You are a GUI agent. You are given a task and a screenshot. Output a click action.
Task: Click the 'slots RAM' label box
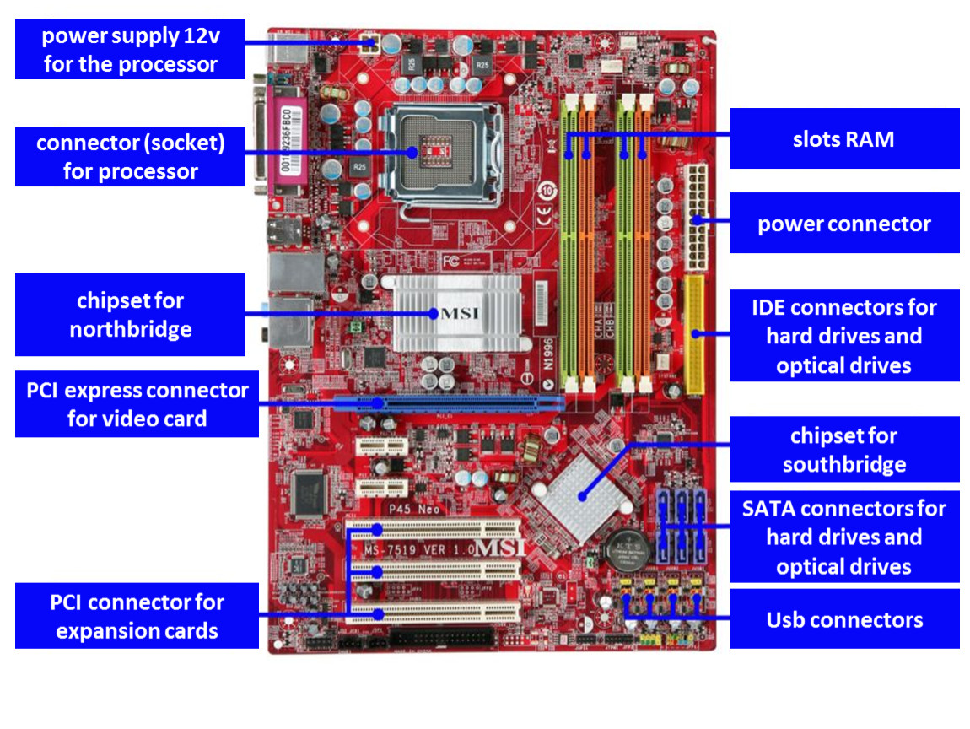coord(843,138)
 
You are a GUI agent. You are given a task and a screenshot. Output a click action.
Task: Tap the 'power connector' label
coord(843,224)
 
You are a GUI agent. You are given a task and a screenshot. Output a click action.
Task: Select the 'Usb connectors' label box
coord(843,619)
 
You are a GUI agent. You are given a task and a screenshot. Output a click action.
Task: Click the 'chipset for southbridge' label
coord(843,450)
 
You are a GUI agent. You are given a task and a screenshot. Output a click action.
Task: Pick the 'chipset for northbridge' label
coord(130,314)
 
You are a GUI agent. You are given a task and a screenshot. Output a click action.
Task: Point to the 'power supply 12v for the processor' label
coord(130,50)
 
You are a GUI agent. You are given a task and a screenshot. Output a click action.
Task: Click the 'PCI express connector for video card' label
coord(137,404)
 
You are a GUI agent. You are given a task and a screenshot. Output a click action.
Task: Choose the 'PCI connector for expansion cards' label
coord(137,616)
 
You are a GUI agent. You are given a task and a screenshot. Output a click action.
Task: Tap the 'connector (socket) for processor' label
coord(130,157)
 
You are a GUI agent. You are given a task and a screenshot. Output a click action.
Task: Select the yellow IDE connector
coord(694,335)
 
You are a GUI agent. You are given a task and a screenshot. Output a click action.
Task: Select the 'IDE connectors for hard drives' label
coord(843,336)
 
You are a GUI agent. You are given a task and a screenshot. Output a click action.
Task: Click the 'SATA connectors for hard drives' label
coord(843,537)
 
